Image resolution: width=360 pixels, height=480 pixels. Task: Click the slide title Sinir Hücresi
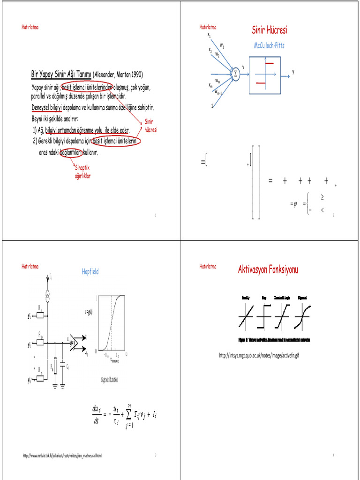pos(269,31)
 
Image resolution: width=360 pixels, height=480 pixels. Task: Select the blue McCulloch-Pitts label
pos(269,45)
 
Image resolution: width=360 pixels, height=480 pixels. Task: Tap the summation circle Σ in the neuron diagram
pos(236,74)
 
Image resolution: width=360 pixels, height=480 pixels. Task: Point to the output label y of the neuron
pos(293,72)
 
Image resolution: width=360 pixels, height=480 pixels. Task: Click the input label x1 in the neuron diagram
pos(209,35)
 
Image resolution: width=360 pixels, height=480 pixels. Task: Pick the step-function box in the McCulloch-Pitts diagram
pos(265,74)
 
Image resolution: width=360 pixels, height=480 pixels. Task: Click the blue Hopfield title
pos(90,271)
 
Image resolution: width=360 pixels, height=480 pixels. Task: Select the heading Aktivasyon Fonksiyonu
pos(268,270)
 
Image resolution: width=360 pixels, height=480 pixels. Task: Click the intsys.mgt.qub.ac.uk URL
pos(259,355)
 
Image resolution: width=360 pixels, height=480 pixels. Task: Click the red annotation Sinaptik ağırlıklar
pos(82,172)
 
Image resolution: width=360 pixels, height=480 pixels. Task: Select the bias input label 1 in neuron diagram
pos(212,106)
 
